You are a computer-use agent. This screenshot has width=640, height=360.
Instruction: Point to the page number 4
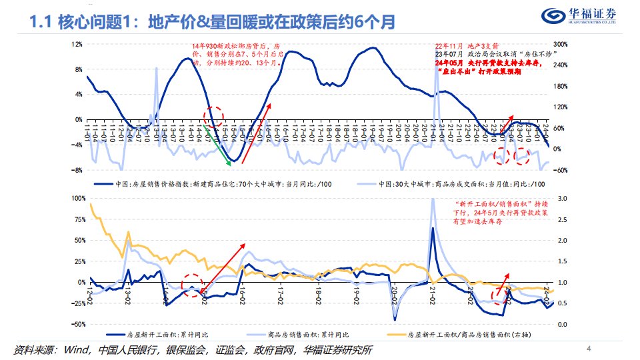(x=588, y=349)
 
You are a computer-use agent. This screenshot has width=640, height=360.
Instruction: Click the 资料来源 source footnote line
(x=193, y=350)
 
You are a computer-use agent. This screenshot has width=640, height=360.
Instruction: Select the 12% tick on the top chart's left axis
(x=77, y=44)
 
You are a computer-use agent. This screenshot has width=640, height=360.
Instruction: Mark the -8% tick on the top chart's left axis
(x=77, y=170)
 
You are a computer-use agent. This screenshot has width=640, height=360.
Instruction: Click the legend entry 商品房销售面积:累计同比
(x=313, y=335)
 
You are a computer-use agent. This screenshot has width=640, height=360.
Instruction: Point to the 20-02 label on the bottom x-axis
(x=395, y=295)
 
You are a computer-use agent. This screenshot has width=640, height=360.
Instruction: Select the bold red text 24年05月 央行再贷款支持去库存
(x=487, y=63)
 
